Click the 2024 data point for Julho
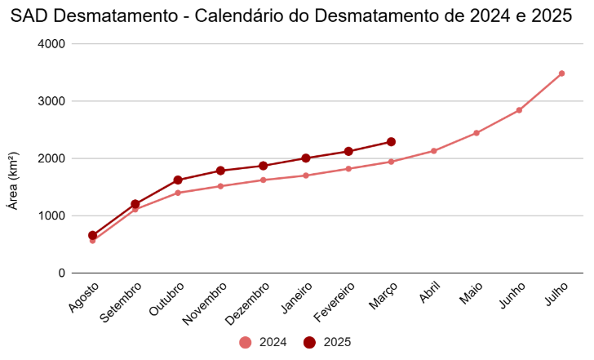561,73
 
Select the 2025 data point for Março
391,142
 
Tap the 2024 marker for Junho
519,110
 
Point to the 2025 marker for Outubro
178,180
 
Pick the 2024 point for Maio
477,133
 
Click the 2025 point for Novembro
220,171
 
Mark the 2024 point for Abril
434,151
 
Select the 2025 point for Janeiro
306,158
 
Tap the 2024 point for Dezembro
263,180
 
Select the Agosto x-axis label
85,296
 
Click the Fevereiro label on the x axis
335,300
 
